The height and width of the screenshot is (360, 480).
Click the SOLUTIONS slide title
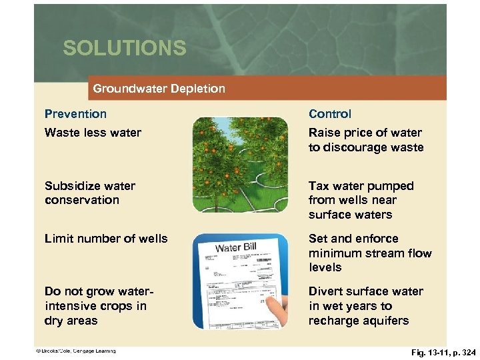click(124, 48)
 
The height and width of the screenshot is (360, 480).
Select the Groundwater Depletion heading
click(159, 88)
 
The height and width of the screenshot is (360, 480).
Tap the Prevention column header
click(75, 114)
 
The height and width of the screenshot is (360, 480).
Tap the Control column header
click(329, 114)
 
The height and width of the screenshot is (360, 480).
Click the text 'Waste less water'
click(93, 133)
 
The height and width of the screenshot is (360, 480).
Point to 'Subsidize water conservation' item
click(89, 193)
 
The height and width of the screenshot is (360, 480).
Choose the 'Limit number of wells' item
click(106, 239)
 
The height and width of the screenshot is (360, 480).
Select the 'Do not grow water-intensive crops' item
click(95, 306)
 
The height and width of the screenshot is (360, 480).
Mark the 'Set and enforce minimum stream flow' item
click(369, 253)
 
